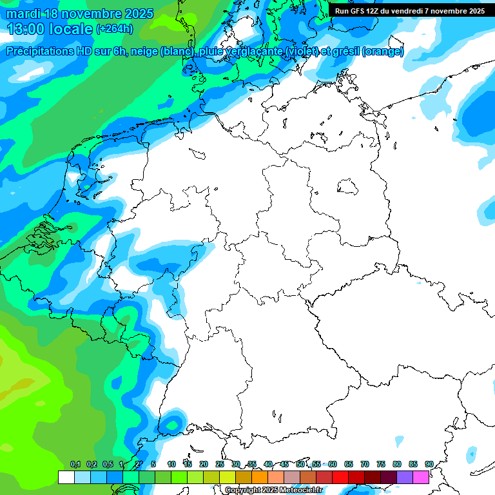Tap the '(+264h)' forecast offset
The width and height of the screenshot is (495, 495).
point(115,28)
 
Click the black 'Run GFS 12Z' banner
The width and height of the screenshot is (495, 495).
point(410,11)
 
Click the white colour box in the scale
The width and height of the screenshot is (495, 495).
point(66,477)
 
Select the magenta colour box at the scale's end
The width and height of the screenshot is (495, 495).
point(421,477)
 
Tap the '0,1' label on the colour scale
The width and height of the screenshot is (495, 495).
point(75,464)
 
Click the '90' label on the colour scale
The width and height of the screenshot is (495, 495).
point(429,464)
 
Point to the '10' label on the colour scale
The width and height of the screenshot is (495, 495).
point(171,464)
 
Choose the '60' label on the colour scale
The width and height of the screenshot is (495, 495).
point(333,464)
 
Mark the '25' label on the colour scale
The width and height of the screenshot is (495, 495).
point(220,464)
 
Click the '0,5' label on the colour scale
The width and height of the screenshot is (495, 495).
point(107,464)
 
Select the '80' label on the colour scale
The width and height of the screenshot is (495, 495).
point(397,464)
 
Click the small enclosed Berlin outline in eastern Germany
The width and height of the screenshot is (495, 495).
point(348,187)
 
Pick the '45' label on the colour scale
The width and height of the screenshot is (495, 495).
point(284,464)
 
